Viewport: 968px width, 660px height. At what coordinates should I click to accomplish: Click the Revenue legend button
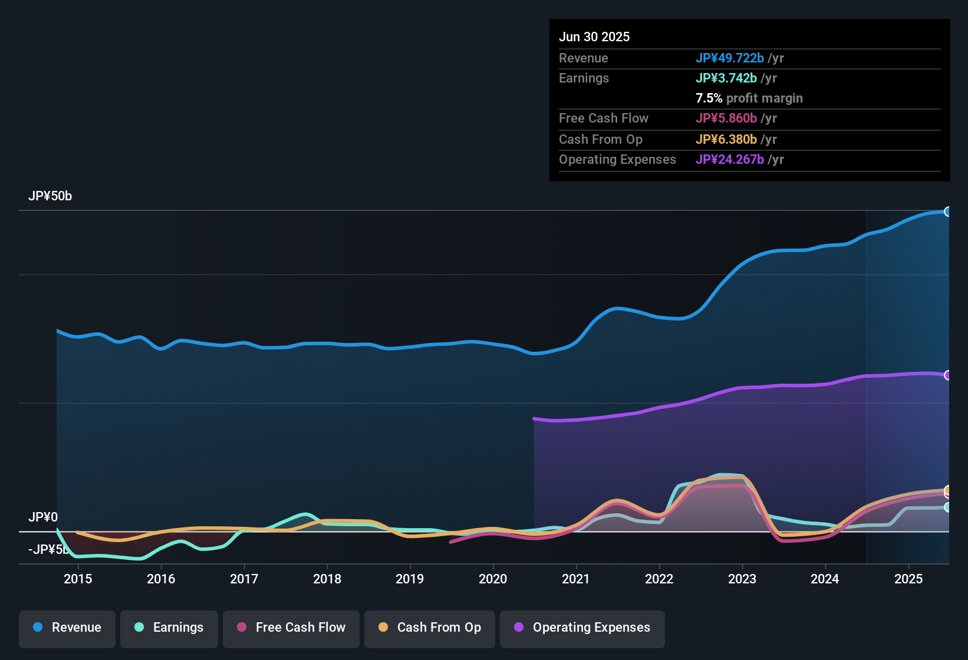tap(67, 628)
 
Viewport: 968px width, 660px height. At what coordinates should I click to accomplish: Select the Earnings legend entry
tap(169, 628)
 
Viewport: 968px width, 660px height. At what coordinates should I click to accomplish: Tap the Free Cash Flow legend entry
tap(291, 628)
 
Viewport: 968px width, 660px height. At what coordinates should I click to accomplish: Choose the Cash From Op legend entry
tap(430, 628)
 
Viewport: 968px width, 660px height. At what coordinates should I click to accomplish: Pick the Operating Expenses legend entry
tap(582, 628)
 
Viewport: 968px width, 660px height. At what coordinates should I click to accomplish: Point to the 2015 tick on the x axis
tap(78, 579)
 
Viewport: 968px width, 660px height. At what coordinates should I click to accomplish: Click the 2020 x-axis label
tap(493, 579)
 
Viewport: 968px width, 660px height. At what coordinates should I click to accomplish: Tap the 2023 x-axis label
tap(742, 579)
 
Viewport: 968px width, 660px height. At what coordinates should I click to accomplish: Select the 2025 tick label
tap(908, 579)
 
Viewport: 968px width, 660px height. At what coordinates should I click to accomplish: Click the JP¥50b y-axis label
tap(50, 196)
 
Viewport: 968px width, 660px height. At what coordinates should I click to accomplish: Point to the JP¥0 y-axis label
tap(43, 517)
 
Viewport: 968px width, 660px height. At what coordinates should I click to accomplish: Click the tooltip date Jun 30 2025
tap(594, 37)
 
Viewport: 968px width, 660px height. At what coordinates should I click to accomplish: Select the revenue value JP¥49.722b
tap(730, 58)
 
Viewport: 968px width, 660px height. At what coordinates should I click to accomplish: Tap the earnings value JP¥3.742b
tap(726, 78)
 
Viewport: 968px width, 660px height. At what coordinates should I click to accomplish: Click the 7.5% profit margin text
tap(749, 98)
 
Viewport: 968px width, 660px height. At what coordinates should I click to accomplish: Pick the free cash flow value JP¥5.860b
tap(726, 118)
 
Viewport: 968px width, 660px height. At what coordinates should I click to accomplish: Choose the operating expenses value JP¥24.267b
tap(730, 159)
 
